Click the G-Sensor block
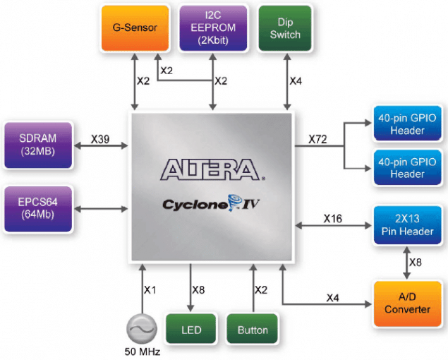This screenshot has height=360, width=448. [x=135, y=28]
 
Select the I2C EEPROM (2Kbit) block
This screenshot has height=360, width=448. [x=212, y=28]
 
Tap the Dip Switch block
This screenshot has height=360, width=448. [x=285, y=28]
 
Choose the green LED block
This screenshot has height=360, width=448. [x=190, y=330]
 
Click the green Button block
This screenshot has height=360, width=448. [x=253, y=330]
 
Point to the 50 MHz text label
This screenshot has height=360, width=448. [x=141, y=351]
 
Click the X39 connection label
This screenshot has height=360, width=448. [x=100, y=140]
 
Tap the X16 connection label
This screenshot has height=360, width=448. [x=332, y=219]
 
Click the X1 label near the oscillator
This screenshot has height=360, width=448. [x=151, y=290]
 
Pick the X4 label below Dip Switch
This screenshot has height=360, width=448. [x=298, y=80]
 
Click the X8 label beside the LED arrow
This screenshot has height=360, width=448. [x=200, y=290]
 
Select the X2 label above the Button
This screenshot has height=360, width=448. [x=261, y=290]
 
